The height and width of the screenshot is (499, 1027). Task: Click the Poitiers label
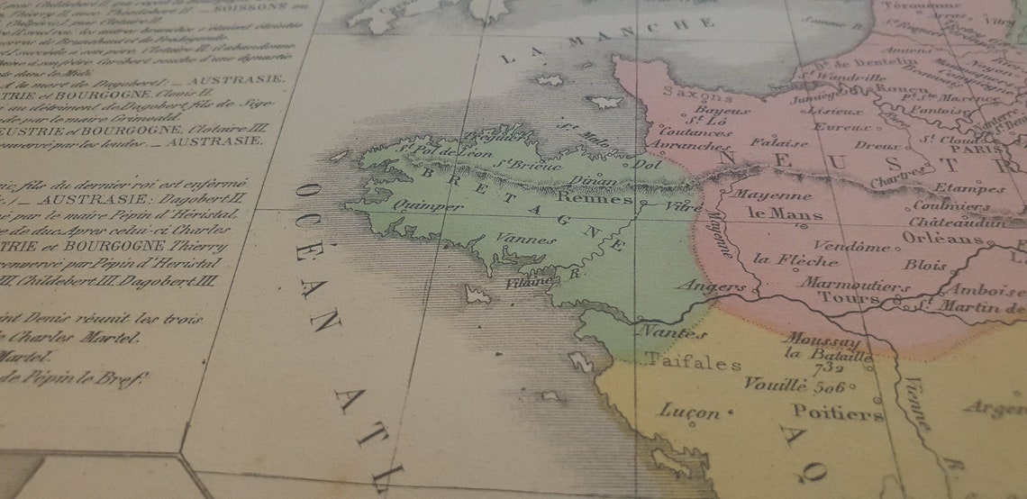click(x=838, y=413)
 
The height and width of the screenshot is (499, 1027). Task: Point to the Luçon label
click(x=690, y=412)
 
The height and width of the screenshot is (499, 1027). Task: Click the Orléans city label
click(x=942, y=239)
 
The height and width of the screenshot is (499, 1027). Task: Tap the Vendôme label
click(x=851, y=246)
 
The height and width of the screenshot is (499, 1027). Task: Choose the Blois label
click(x=925, y=266)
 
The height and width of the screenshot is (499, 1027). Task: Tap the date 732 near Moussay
click(x=827, y=367)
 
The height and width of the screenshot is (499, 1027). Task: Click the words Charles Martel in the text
click(x=98, y=339)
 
